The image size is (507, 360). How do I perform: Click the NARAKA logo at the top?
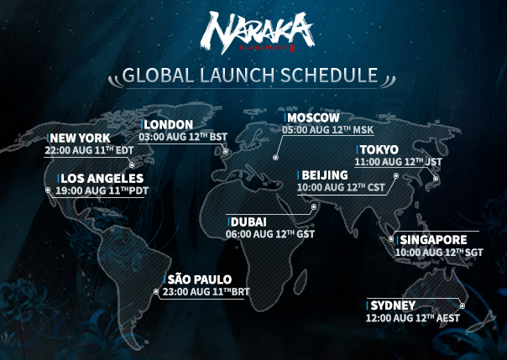[x=257, y=32]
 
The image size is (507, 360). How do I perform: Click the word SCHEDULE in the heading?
[x=329, y=75]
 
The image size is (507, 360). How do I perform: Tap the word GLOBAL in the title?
[x=158, y=75]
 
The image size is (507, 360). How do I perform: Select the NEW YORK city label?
[x=81, y=138]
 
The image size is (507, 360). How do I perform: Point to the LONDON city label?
[x=169, y=125]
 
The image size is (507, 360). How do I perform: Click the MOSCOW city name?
[x=313, y=117]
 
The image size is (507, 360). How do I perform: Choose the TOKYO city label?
[x=379, y=149]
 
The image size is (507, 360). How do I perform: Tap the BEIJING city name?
[x=325, y=175]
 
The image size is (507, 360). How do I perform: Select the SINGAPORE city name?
[x=433, y=240]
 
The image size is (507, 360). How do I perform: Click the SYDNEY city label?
[x=393, y=305]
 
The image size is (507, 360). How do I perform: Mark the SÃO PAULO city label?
[x=200, y=279]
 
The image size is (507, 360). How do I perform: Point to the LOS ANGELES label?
[x=102, y=179]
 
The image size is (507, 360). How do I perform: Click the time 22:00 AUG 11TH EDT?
[x=89, y=150]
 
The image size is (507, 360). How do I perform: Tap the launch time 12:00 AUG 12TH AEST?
[x=413, y=318]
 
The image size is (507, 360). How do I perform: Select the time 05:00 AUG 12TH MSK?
[x=328, y=130]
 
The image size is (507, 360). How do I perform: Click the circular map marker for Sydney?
[x=463, y=305]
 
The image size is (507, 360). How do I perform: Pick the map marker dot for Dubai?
[x=314, y=206]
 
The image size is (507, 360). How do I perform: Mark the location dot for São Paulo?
[x=156, y=291]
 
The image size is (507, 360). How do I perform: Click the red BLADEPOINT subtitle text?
[x=264, y=48]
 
